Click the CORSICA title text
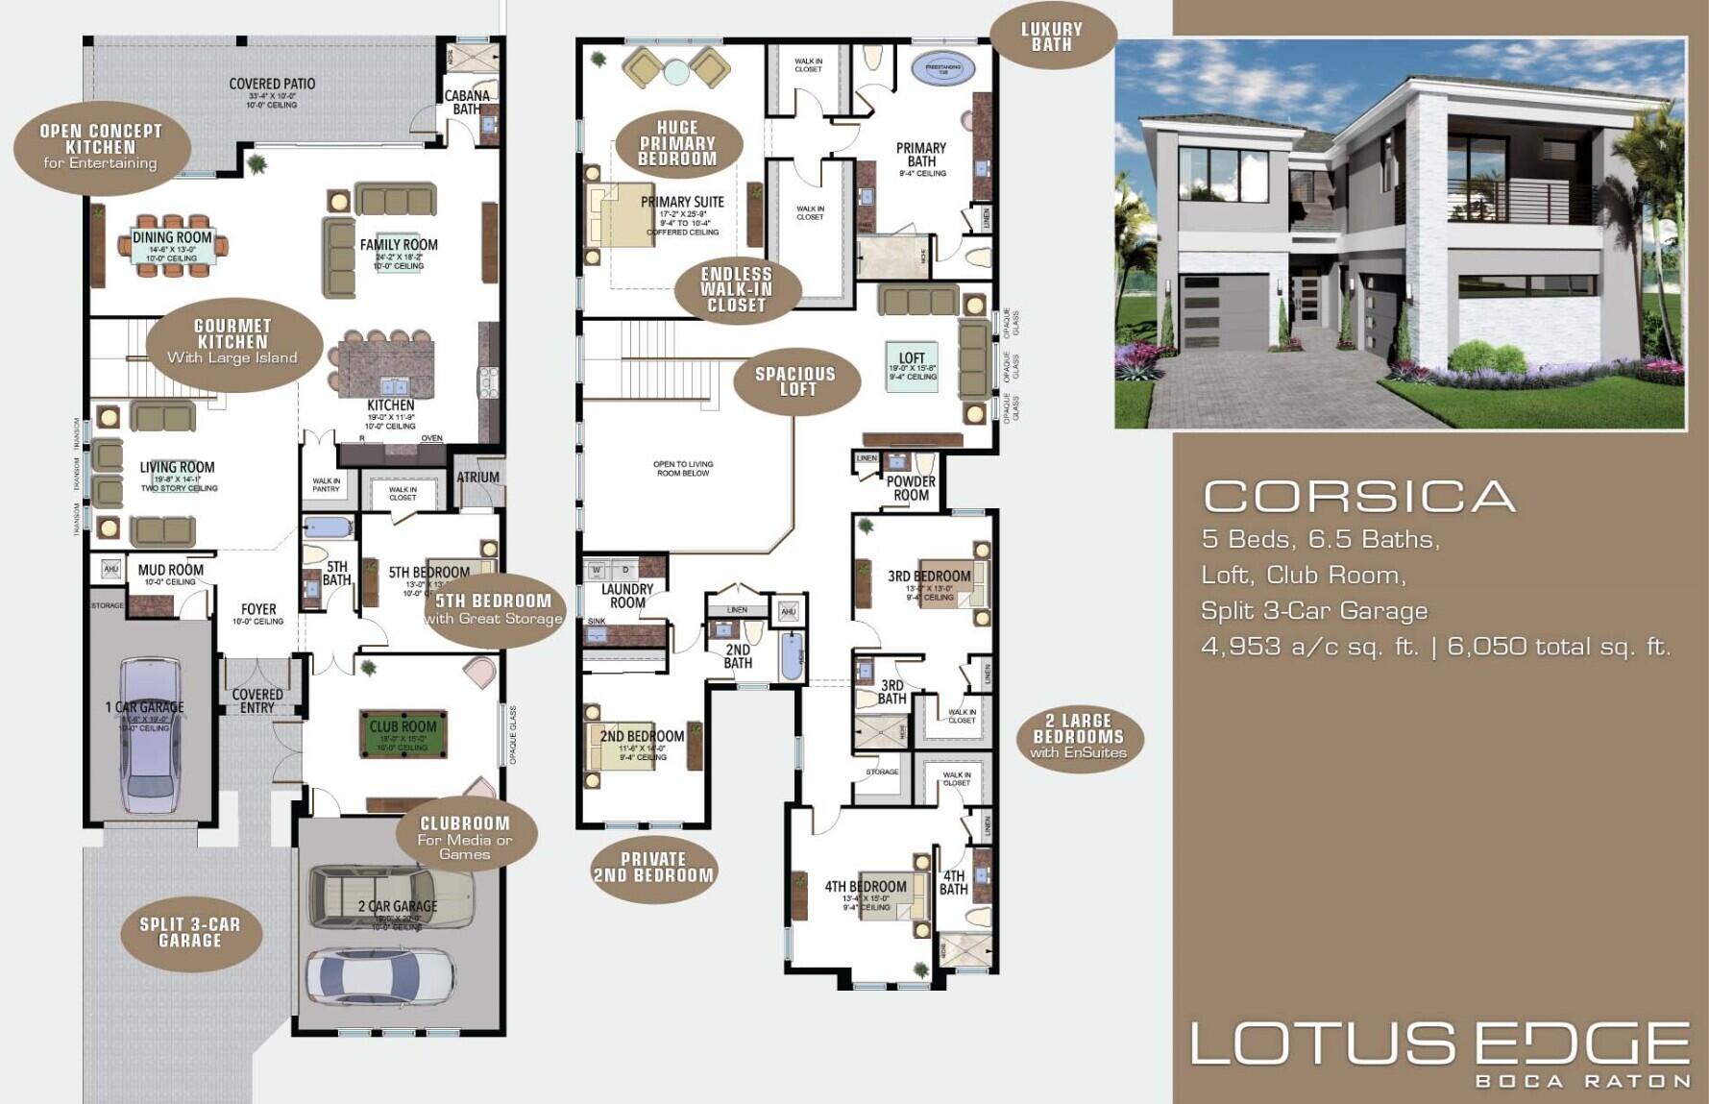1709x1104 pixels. pyautogui.click(x=1358, y=496)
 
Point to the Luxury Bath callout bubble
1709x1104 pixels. pyautogui.click(x=1051, y=37)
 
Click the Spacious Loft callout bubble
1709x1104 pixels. pyautogui.click(x=794, y=380)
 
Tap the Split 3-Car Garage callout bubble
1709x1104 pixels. pyautogui.click(x=190, y=932)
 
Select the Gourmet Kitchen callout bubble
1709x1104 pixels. pyautogui.click(x=232, y=341)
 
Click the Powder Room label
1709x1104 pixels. pyautogui.click(x=910, y=488)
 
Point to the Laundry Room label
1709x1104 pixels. pyautogui.click(x=627, y=596)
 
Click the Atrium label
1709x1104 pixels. pyautogui.click(x=477, y=477)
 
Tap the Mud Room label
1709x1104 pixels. pyautogui.click(x=171, y=570)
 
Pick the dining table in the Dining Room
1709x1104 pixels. pyautogui.click(x=173, y=246)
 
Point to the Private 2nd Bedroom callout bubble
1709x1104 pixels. pyautogui.click(x=653, y=868)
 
